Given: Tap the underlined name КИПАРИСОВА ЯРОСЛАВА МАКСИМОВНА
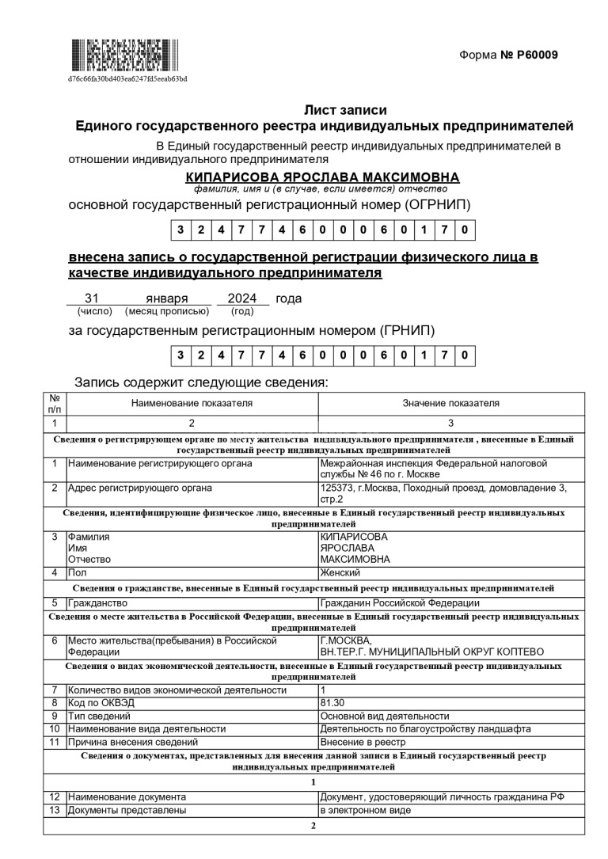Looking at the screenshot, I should (x=321, y=177).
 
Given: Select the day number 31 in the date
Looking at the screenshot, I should (x=91, y=298).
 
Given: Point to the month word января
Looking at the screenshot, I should (x=167, y=298).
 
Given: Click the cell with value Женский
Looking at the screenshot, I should (x=340, y=572).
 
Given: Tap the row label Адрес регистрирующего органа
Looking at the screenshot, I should (x=140, y=488).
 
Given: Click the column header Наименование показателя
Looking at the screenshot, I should (x=192, y=403).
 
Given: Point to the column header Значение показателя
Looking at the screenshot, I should (x=451, y=403).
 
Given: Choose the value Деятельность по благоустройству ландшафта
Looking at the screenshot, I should (x=425, y=728).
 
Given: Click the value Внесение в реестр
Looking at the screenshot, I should (x=363, y=742).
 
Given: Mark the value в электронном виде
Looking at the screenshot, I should (x=366, y=810).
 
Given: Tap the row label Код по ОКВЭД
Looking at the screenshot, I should (x=105, y=702).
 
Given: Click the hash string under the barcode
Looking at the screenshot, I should (x=127, y=78).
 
